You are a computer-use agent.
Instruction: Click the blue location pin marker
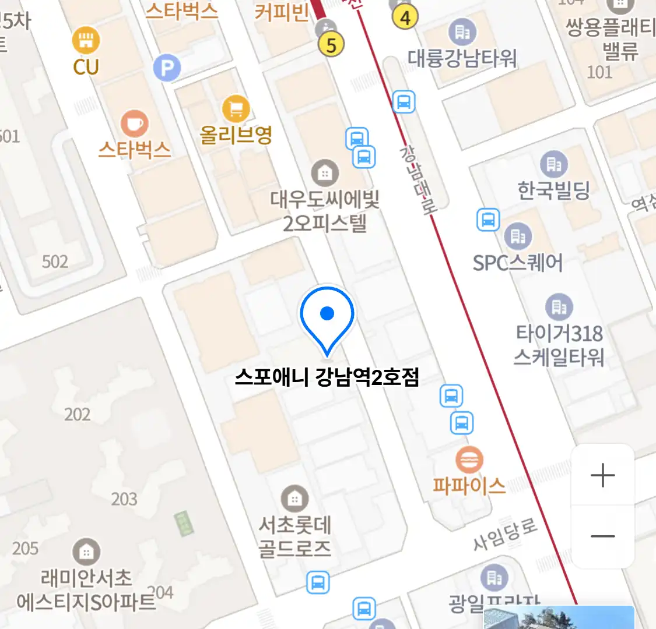pyautogui.click(x=327, y=317)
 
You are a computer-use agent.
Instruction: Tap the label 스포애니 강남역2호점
pyautogui.click(x=327, y=378)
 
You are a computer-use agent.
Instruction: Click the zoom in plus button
pyautogui.click(x=602, y=475)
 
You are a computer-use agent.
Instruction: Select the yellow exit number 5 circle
pyautogui.click(x=331, y=44)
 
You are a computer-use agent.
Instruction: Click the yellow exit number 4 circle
pyautogui.click(x=405, y=17)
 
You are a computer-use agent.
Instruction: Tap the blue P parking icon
pyautogui.click(x=167, y=69)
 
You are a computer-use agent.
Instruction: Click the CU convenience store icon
pyautogui.click(x=86, y=40)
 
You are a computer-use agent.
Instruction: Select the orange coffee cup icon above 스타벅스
pyautogui.click(x=134, y=123)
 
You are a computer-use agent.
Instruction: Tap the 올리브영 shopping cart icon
pyautogui.click(x=236, y=108)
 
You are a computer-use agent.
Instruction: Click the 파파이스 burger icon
pyautogui.click(x=469, y=460)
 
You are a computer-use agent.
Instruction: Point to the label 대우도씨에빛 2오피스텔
pyautogui.click(x=325, y=211)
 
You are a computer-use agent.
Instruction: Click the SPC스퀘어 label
pyautogui.click(x=517, y=263)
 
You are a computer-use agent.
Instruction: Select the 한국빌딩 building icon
pyautogui.click(x=553, y=164)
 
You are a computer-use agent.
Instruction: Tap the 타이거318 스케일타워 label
pyautogui.click(x=559, y=345)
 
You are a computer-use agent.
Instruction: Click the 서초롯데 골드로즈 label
pyautogui.click(x=295, y=536)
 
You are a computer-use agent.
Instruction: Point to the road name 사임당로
pyautogui.click(x=504, y=535)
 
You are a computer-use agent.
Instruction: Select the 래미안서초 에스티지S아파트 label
pyautogui.click(x=86, y=589)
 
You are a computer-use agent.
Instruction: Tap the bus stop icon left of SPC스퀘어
pyautogui.click(x=488, y=220)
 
